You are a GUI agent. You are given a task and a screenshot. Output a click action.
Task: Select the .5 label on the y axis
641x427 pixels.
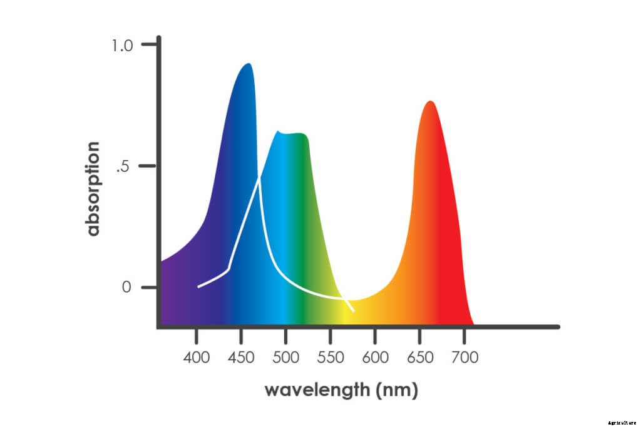tap(125, 167)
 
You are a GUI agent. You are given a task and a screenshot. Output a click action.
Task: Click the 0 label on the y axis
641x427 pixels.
tap(128, 288)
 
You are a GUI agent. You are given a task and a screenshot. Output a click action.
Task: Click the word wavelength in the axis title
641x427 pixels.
tap(317, 390)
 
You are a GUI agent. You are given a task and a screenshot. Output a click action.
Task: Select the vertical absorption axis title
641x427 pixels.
tap(93, 188)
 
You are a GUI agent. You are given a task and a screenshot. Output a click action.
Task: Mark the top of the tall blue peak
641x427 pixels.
tap(249, 64)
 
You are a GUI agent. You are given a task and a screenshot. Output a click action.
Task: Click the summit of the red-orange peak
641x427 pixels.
tap(429, 101)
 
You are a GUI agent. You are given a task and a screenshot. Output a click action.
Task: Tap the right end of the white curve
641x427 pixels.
tap(354, 311)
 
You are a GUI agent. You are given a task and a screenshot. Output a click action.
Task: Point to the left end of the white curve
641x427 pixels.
tap(198, 286)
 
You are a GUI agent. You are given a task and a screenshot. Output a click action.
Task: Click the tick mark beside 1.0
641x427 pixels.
tap(149, 44)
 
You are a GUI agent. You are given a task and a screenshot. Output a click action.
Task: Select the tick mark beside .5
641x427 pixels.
tap(149, 166)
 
